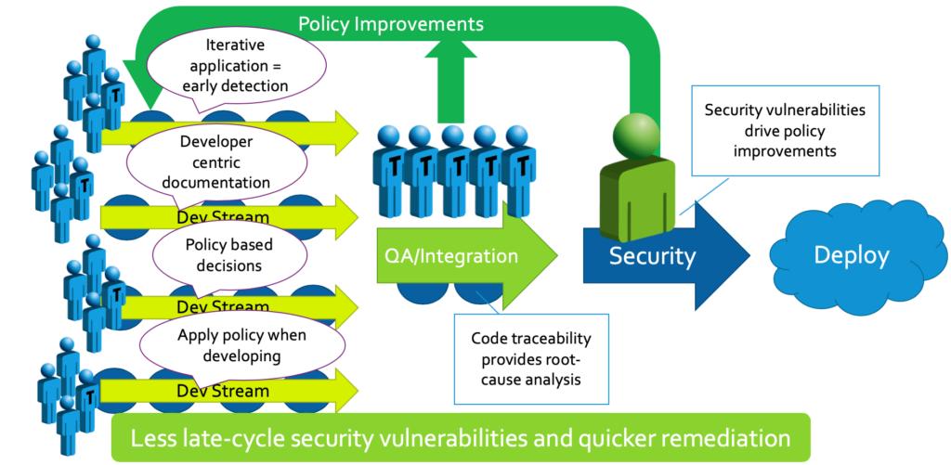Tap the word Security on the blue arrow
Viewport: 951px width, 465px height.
652,256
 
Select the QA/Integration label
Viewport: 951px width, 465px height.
440,254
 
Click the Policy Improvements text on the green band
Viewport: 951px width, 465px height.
390,22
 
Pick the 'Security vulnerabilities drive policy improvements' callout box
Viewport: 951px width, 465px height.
784,130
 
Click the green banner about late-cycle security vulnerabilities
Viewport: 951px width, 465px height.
460,437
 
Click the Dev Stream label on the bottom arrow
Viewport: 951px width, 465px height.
223,391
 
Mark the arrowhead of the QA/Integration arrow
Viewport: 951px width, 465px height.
534,251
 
